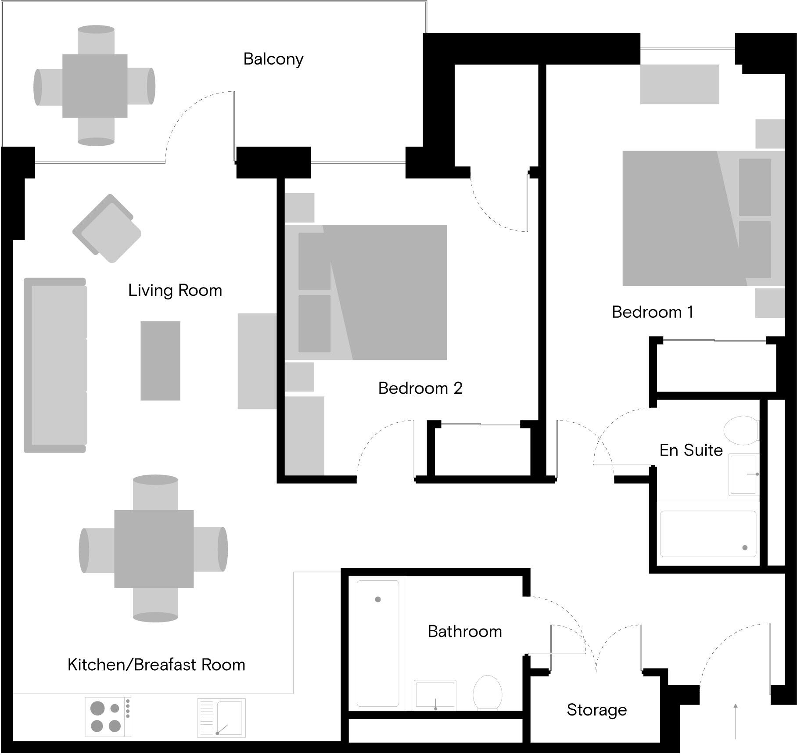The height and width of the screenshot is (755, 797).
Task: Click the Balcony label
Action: tap(273, 59)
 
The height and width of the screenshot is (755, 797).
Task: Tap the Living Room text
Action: tap(175, 291)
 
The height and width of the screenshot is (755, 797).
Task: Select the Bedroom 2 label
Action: tap(420, 388)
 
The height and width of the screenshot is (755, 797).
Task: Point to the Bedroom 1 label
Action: tap(652, 312)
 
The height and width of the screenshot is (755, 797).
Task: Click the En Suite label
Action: tap(691, 450)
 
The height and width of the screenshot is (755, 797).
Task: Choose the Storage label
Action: tap(596, 710)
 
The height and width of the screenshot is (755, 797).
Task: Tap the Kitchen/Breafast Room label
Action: tap(156, 665)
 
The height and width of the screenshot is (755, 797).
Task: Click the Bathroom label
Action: tap(464, 632)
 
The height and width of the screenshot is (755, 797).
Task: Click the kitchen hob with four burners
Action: tap(108, 717)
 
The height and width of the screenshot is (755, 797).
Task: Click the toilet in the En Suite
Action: tap(741, 431)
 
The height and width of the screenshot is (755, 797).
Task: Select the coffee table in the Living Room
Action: tap(160, 361)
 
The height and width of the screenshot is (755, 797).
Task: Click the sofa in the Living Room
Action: tap(55, 365)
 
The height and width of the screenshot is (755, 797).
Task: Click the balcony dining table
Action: tap(94, 86)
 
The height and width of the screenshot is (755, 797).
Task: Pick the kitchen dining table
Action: tap(154, 549)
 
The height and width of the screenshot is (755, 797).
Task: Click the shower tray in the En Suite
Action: tap(708, 534)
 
